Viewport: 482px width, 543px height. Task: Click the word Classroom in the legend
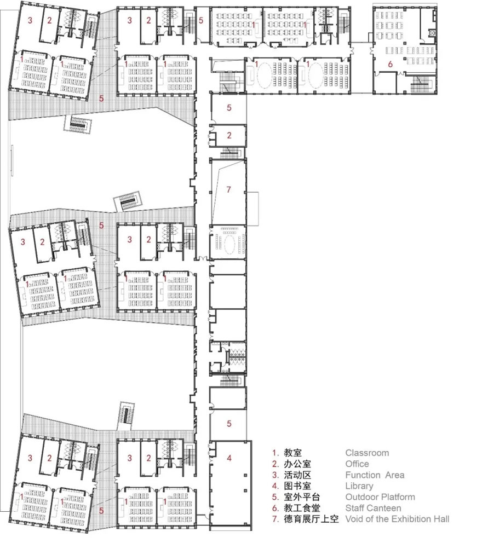[367, 453]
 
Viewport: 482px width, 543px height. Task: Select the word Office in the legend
[357, 464]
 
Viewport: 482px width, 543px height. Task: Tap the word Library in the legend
[359, 486]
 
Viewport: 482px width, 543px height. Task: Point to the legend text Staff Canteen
[373, 507]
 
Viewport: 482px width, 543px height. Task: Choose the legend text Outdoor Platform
[380, 496]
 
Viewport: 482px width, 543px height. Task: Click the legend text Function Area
[375, 475]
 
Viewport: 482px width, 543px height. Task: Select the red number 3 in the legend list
[275, 475]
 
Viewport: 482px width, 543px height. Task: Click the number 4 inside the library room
[229, 458]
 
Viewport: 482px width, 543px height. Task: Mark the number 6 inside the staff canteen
[391, 64]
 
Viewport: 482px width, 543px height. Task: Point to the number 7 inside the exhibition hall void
[229, 190]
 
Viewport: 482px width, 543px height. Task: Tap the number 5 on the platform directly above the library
[229, 423]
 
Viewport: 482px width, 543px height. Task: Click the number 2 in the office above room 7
[229, 135]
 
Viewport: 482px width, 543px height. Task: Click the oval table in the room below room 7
[228, 241]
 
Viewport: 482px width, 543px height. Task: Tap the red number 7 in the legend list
[275, 518]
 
